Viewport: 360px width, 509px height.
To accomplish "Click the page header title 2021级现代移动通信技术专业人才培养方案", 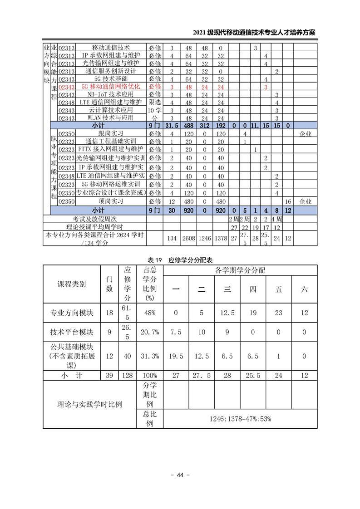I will pos(254,33).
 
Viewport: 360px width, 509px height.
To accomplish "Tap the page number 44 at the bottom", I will pos(180,475).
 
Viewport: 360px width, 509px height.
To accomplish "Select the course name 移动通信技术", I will pos(111,48).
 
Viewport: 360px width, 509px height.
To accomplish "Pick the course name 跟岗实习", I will pos(111,134).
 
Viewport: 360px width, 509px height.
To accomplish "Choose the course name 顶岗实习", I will pos(111,201).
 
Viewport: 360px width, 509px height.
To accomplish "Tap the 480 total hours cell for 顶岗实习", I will pos(188,201).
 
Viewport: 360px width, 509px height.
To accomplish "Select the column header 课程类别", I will pos(71,284).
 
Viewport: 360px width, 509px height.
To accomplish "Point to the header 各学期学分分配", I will pos(240,270).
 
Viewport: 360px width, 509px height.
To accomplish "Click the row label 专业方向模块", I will pos(71,313).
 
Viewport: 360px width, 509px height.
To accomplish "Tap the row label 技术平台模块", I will pos(71,332).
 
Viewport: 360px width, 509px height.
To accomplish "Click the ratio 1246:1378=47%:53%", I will pos(240,419).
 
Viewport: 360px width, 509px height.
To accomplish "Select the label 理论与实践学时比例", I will pos(89,404).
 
